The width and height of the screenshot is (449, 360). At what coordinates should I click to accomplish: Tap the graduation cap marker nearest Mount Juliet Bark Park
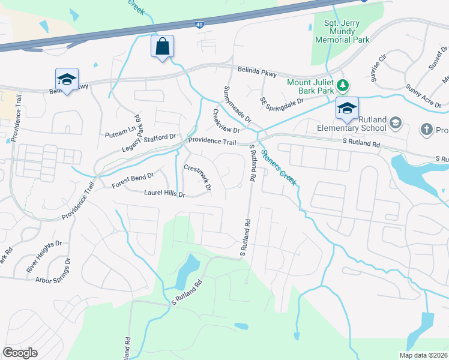click(347, 109)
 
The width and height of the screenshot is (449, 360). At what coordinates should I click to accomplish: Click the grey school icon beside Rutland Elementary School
click(395, 123)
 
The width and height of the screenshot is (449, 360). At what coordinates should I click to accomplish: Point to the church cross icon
click(426, 129)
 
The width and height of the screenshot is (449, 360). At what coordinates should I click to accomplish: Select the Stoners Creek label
click(280, 167)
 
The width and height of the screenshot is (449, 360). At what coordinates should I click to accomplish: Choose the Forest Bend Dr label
click(133, 181)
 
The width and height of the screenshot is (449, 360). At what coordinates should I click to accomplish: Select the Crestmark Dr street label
click(197, 178)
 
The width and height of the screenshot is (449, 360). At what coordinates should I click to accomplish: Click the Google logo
click(20, 353)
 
